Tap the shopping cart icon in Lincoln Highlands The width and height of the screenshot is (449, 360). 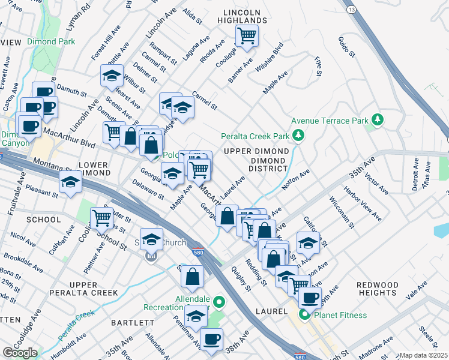[247, 35]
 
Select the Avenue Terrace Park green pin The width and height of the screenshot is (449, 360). [378, 120]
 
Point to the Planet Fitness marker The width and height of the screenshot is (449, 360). [305, 314]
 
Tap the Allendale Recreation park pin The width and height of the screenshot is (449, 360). [219, 302]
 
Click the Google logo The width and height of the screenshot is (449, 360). [19, 353]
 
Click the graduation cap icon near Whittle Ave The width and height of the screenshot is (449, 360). [112, 76]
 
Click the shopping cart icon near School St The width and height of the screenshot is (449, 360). [101, 218]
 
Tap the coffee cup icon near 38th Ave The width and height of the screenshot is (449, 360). [211, 340]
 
